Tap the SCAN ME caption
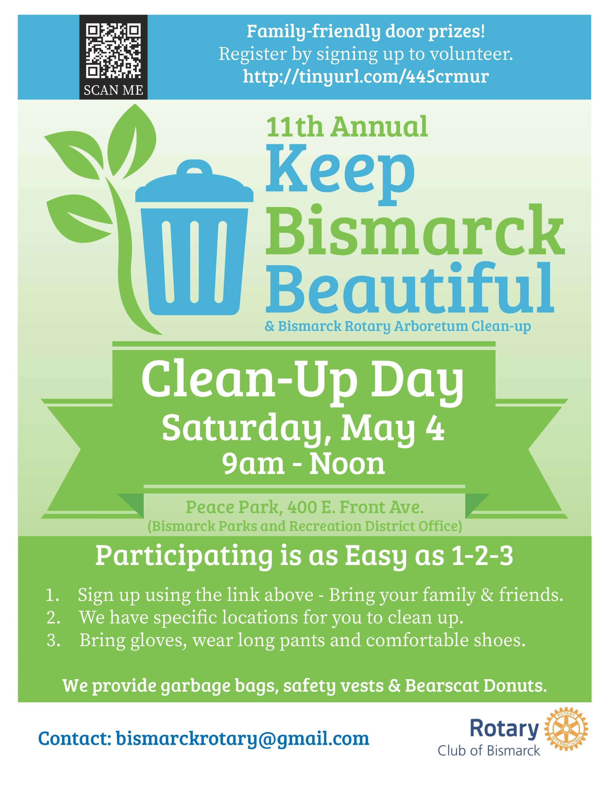pos(113,90)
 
